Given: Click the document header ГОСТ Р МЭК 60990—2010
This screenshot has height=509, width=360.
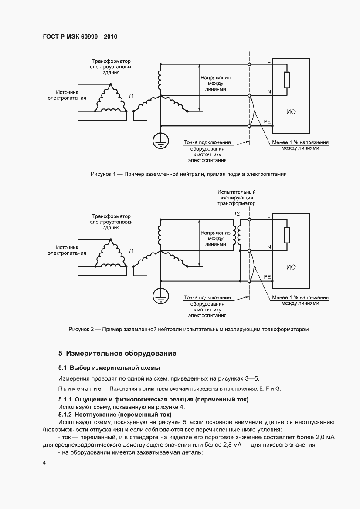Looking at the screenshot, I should [80, 37].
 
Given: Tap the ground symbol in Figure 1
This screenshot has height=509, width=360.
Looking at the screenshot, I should [160, 139].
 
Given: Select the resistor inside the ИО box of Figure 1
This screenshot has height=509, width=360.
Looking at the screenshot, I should [287, 80].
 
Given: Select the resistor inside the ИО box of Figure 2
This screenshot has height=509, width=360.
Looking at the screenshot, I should [287, 235].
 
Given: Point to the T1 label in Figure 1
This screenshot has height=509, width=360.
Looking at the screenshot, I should [131, 95].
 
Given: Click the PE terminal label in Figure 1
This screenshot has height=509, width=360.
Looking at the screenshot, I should [267, 121].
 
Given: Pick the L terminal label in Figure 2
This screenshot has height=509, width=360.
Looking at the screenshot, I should [268, 216].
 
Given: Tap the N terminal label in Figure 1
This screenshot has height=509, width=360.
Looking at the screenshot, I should [268, 91].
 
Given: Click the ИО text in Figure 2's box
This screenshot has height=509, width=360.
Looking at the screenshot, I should [291, 267].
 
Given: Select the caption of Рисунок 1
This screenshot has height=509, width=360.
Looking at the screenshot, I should [188, 174].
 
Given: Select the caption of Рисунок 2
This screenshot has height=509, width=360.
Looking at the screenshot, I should [188, 329].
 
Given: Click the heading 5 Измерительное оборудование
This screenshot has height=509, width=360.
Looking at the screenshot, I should [117, 353].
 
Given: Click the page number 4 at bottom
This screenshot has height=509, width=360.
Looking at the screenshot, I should [44, 462].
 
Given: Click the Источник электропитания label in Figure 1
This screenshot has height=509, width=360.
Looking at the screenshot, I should [67, 95].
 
